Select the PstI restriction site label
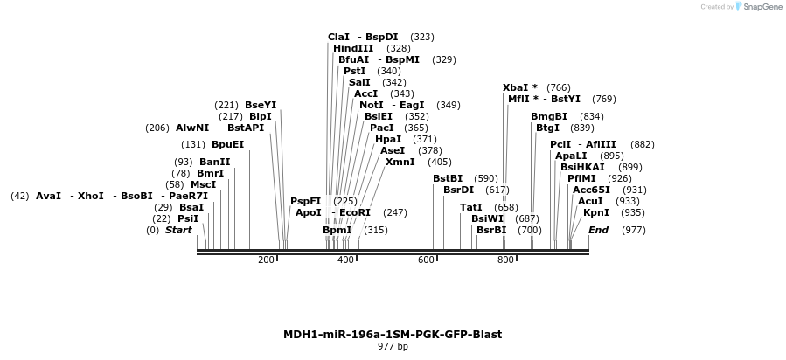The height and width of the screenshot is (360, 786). [x=354, y=72]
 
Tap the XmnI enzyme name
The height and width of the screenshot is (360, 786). [x=400, y=163]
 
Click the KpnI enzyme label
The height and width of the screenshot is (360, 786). [x=596, y=213]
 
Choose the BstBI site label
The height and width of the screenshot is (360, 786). [x=448, y=179]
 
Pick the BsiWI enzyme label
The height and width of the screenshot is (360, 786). [x=487, y=219]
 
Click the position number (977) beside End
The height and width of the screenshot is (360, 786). [x=634, y=231]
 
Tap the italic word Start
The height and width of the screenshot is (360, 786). [x=178, y=231]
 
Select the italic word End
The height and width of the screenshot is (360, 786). [x=599, y=231]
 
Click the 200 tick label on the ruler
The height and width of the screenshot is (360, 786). [x=266, y=260]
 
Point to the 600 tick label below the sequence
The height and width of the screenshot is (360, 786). [x=426, y=260]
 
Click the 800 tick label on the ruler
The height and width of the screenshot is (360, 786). [x=506, y=260]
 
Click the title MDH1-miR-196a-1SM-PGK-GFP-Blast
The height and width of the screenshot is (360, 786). [x=393, y=335]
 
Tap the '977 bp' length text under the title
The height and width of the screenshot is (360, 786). [x=393, y=347]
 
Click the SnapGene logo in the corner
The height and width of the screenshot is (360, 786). [x=758, y=7]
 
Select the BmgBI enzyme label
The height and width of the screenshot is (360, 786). [x=549, y=117]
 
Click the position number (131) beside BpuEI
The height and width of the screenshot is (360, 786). [x=193, y=145]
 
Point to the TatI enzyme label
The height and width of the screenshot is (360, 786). [x=471, y=208]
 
